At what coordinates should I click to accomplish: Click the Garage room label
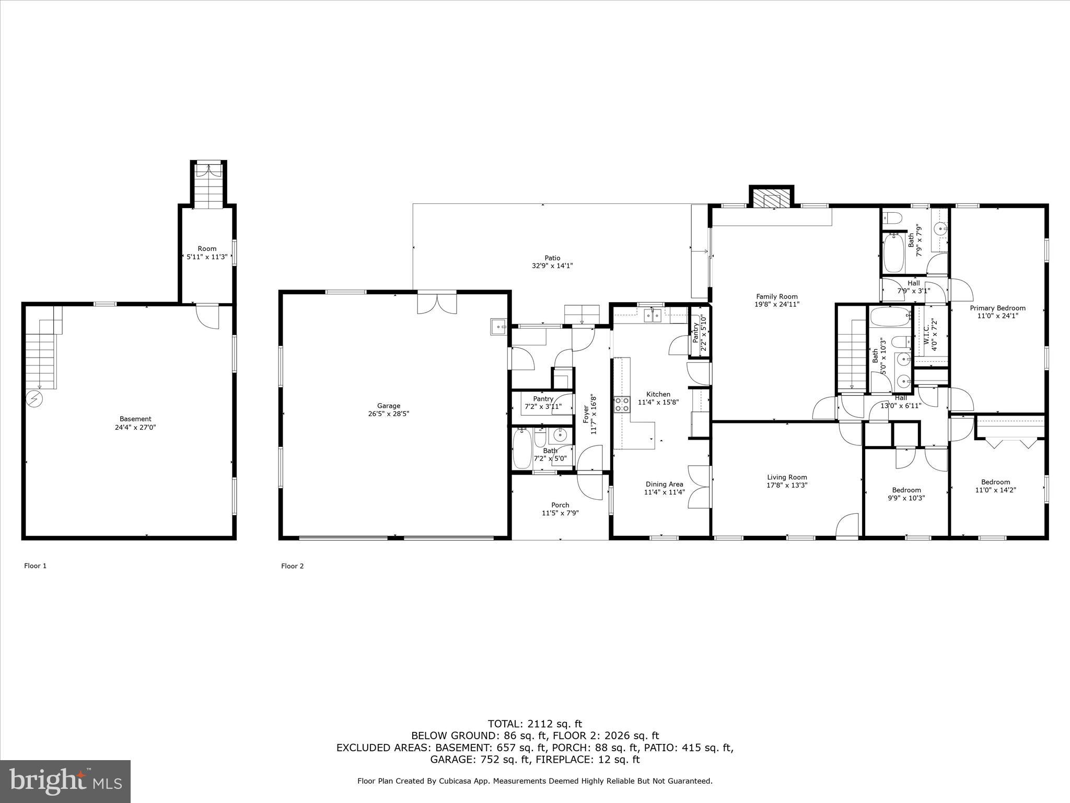(x=389, y=406)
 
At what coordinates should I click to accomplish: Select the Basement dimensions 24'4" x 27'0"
(x=136, y=427)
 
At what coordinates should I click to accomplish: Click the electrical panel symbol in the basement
(x=35, y=399)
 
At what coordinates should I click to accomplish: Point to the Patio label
(x=552, y=258)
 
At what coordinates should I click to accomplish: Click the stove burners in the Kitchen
(x=622, y=404)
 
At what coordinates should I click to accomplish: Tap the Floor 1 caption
(x=36, y=566)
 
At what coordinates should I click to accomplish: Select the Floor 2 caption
(x=293, y=566)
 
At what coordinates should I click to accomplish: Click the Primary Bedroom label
(x=997, y=308)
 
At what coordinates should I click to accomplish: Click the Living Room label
(x=787, y=477)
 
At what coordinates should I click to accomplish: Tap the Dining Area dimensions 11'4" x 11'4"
(x=664, y=492)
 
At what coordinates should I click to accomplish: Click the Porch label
(x=560, y=505)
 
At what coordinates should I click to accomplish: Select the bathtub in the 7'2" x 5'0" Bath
(x=522, y=449)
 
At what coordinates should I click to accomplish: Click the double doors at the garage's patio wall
(x=437, y=304)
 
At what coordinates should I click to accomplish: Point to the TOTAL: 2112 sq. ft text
(x=534, y=724)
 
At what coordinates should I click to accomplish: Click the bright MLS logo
(x=65, y=781)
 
